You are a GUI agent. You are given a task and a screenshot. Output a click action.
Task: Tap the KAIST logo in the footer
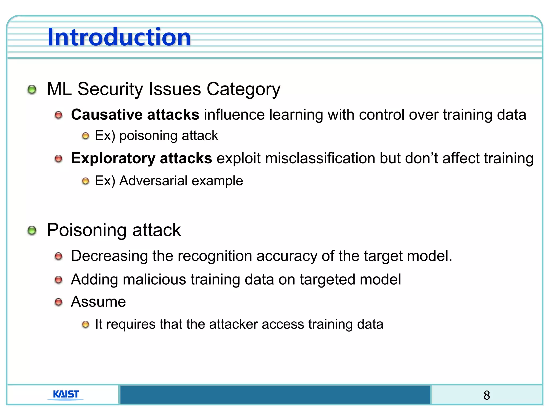pos(66,394)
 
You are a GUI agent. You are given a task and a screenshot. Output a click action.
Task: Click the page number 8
pos(487,395)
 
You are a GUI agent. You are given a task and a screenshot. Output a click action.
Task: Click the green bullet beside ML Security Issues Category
pos(32,90)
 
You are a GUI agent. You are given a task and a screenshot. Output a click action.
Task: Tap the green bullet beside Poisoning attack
pos(32,230)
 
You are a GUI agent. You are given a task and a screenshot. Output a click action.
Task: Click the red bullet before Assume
pos(58,302)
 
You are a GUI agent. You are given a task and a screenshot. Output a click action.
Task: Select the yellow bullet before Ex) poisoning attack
pos(86,136)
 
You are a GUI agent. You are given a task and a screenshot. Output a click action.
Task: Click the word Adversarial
pos(153,181)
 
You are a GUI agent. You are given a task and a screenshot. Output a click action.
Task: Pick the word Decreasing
pos(109,256)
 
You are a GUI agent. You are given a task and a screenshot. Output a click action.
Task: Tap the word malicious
pos(154,279)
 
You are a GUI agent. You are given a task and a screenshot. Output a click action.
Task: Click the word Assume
pos(98,302)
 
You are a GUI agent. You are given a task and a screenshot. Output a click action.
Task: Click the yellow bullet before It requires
pos(86,325)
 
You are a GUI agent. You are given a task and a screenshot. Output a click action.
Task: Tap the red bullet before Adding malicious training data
pos(58,280)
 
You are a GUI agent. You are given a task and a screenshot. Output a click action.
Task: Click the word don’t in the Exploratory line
pos(421,158)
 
